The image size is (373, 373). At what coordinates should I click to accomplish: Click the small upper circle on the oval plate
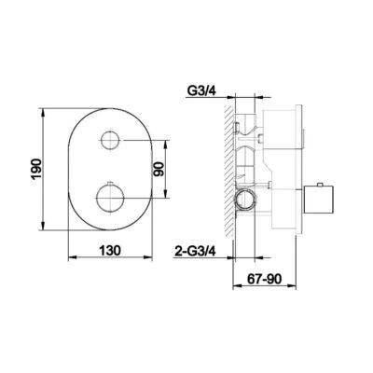(112, 141)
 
